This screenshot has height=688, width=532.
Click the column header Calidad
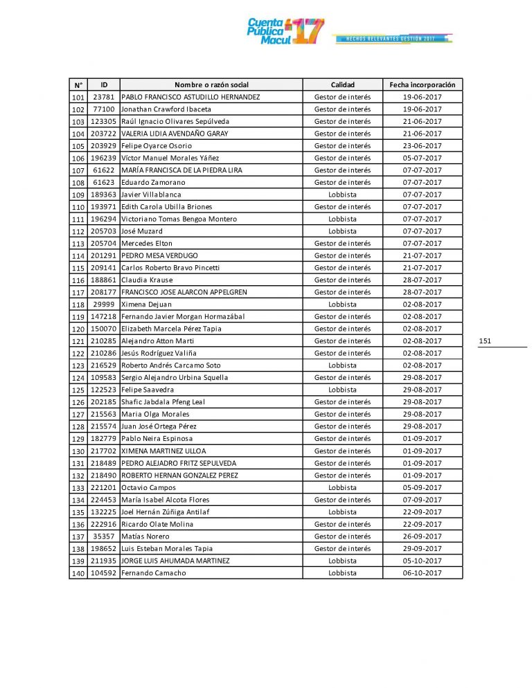[342, 84]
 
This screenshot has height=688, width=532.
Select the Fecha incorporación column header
[423, 84]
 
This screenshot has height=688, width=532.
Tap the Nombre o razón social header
[211, 84]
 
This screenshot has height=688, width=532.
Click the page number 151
[485, 341]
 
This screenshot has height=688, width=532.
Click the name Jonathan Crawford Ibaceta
[166, 109]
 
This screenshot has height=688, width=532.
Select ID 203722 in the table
[103, 134]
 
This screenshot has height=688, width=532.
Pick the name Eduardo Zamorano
[153, 183]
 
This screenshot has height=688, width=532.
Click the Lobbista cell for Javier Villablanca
[342, 194]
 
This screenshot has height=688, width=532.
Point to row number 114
[78, 256]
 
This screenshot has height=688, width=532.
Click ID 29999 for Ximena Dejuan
[103, 305]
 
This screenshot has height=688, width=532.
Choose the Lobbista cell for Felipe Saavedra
[342, 390]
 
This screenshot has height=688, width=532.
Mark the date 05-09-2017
[423, 487]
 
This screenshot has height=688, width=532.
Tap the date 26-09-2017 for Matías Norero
[423, 536]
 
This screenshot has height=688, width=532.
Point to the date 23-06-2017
[423, 146]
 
